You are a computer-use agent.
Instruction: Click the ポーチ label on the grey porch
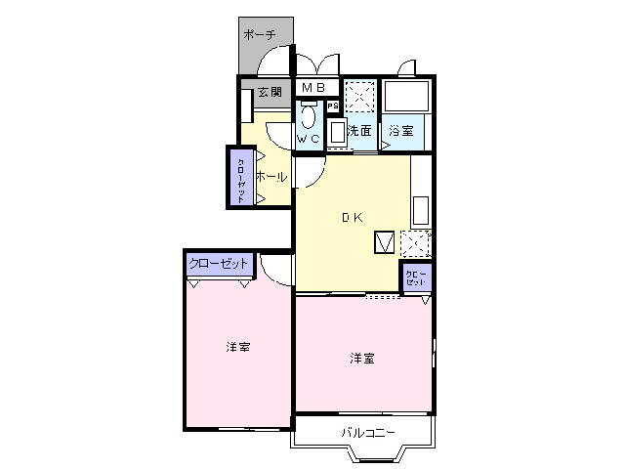259,35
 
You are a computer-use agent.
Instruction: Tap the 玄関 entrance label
270,93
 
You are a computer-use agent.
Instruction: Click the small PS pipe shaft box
332,107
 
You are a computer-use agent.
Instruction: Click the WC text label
309,140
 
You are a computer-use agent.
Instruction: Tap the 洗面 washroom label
359,130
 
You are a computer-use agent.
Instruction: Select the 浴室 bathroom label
400,130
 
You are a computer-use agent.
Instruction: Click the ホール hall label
271,177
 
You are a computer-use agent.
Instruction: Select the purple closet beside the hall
240,177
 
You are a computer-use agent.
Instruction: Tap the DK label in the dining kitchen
351,218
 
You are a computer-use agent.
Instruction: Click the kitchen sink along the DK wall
422,210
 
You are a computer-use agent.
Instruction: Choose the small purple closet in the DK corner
416,277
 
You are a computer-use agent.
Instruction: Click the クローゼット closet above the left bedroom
220,265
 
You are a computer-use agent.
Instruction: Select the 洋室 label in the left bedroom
237,347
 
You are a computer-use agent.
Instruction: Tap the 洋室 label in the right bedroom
362,359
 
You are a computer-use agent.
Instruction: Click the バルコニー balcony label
367,432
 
